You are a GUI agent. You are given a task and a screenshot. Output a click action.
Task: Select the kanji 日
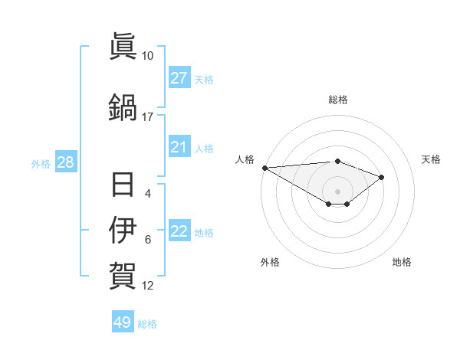pos(123,185)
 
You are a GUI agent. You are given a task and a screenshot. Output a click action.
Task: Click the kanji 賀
pos(123,273)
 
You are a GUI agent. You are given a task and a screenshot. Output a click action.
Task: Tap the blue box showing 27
pos(179,78)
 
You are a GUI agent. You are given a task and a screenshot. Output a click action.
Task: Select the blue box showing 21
pos(179,147)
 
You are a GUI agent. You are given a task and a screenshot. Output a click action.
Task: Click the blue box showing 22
pos(179,232)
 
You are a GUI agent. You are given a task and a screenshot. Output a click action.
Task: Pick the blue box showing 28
pos(65,162)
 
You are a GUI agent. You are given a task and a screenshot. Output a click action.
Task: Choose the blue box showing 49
pos(123,322)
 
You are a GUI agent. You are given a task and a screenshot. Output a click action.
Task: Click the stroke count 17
pos(148,117)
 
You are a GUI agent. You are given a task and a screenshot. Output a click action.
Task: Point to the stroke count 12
pos(148,286)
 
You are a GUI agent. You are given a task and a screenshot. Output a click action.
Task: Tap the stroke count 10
pos(148,56)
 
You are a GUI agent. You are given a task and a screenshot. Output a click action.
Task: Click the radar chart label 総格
pos(337,100)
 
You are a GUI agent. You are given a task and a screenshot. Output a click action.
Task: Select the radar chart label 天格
pos(431,159)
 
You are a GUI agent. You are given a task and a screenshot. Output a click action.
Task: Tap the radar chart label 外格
pos(270,262)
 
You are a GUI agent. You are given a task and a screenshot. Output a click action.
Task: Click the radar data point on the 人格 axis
pos(264,168)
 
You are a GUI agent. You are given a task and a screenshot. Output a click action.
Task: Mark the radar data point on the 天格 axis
pos(382,177)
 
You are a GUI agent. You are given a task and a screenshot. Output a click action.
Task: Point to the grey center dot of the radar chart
pos(337,191)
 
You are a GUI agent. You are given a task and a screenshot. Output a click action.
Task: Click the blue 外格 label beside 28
pos(41,163)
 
